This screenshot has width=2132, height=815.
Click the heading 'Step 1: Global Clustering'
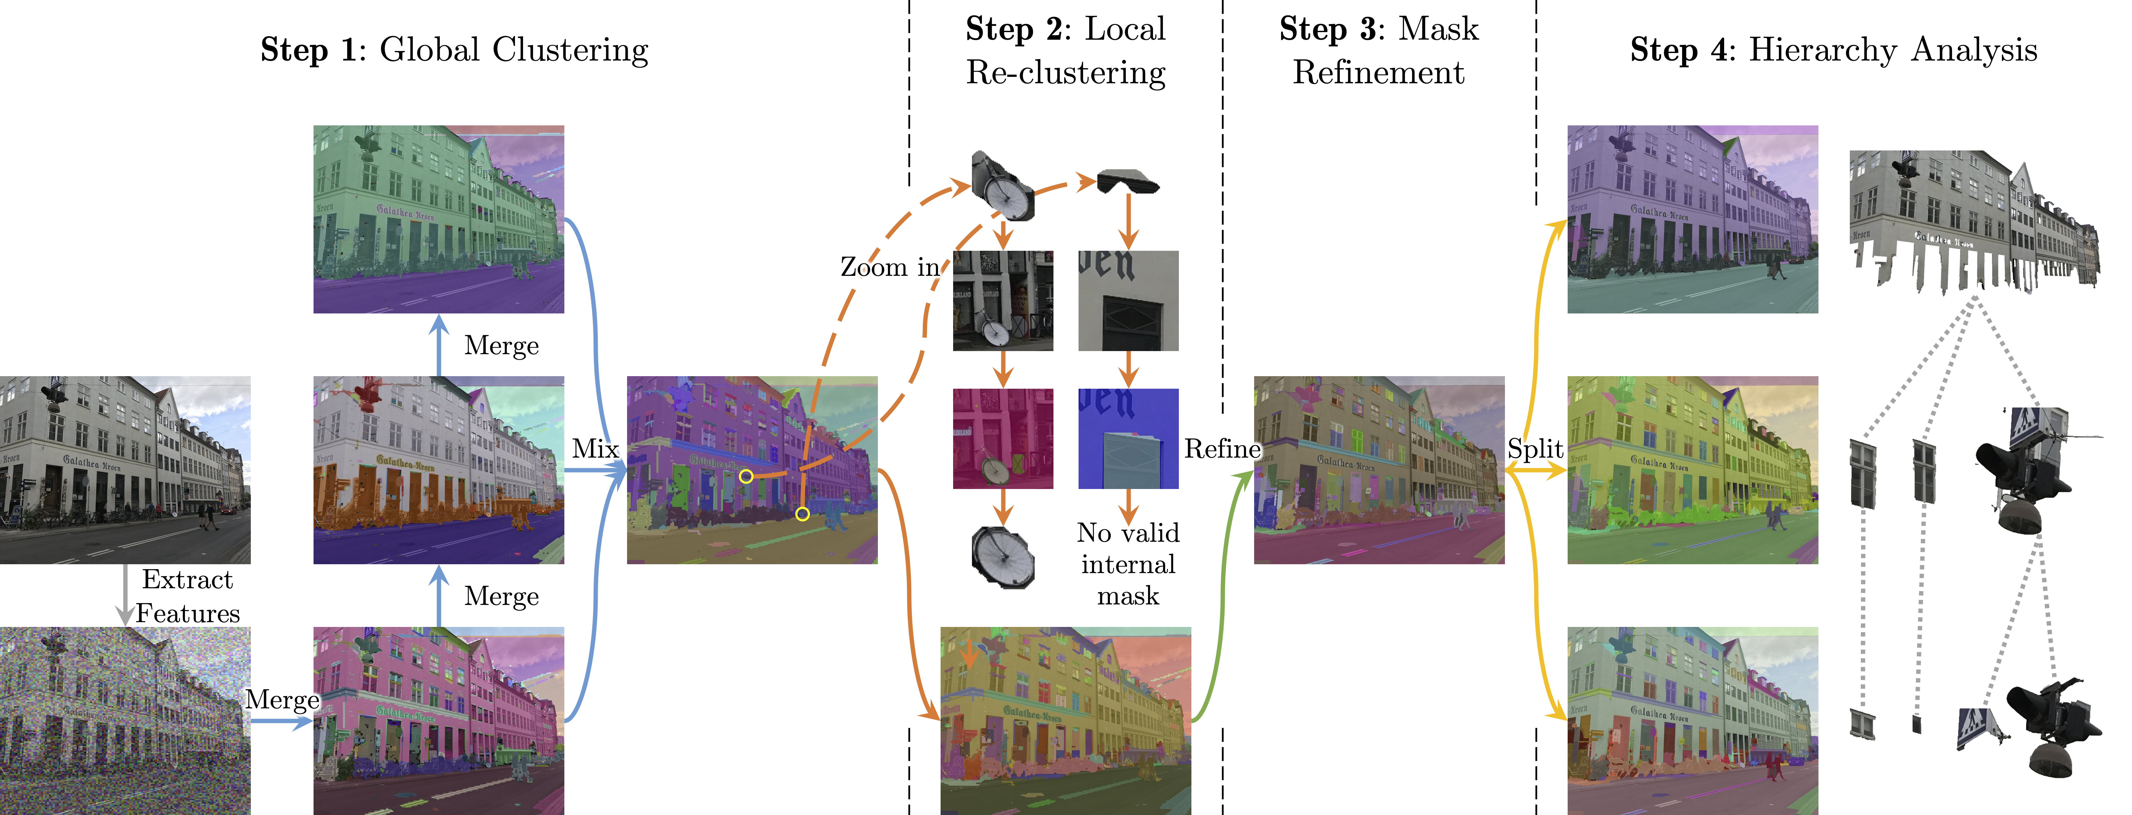coord(454,50)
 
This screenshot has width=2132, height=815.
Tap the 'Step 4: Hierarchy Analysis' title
coord(1833,50)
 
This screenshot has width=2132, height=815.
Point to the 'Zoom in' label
coord(890,267)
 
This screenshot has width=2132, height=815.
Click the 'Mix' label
coord(595,449)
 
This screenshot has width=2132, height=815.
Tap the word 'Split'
coord(1535,449)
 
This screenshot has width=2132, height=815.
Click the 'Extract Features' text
coord(188,596)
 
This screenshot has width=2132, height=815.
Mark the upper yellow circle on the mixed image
coord(746,476)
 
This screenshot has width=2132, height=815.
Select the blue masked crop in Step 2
coord(1128,439)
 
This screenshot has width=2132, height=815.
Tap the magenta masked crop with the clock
coord(1002,439)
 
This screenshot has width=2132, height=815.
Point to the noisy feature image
coord(125,720)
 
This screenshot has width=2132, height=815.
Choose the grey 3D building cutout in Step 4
coord(1974,219)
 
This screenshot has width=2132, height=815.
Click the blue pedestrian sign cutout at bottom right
coord(1978,728)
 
